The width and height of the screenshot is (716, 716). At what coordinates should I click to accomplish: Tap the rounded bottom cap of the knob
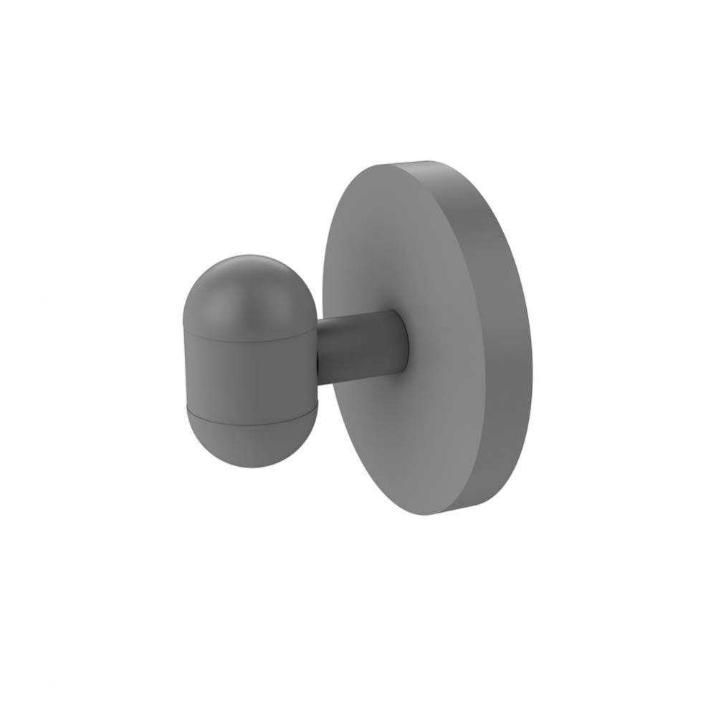(x=252, y=440)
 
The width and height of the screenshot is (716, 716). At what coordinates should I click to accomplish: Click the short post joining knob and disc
(x=358, y=348)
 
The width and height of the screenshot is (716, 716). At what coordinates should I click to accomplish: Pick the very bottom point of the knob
(x=251, y=468)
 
